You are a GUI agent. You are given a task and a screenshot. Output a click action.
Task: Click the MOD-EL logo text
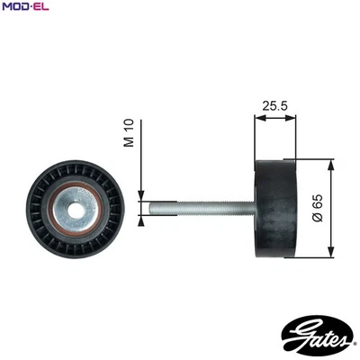pyautogui.click(x=23, y=7)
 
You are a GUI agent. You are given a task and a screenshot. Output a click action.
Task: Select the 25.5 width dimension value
pyautogui.click(x=275, y=105)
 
